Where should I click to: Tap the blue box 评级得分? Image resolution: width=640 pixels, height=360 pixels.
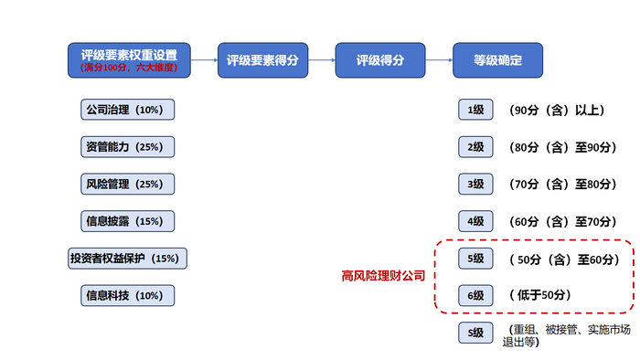pos(380,60)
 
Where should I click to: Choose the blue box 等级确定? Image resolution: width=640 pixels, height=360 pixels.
pos(498,60)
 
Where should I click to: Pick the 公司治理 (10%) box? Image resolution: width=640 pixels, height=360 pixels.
pos(127,110)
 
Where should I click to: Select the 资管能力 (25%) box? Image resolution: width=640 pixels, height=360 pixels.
pos(127,146)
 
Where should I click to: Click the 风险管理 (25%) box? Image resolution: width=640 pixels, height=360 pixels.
pos(127,184)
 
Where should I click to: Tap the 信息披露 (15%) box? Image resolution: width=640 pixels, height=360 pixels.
pos(127,221)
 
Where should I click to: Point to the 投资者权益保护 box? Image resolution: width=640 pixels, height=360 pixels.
pos(127,259)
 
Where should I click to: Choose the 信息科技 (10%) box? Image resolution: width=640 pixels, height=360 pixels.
pos(127,296)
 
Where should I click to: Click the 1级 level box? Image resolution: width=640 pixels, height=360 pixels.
pos(475,110)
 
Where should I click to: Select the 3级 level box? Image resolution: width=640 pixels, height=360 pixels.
pos(475,184)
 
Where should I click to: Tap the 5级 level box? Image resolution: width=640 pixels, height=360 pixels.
pos(475,259)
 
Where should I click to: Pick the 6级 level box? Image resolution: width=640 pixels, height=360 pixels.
pos(475,296)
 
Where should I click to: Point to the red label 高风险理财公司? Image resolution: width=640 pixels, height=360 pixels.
pos(383,275)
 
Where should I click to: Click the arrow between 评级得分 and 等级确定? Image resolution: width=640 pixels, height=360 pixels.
pos(440,60)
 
